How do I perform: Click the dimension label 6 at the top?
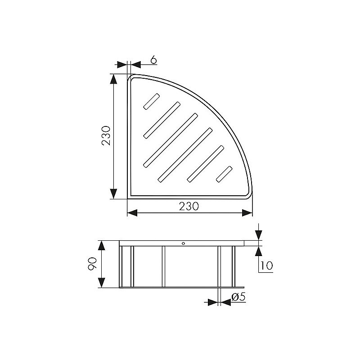pyautogui.click(x=153, y=60)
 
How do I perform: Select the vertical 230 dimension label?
pyautogui.click(x=106, y=136)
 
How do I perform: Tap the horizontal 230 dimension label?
pyautogui.click(x=189, y=207)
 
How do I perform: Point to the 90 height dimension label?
pyautogui.click(x=93, y=264)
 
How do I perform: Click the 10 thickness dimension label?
pyautogui.click(x=266, y=265)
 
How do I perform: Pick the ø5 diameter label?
pyautogui.click(x=238, y=297)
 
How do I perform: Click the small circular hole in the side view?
pyautogui.click(x=183, y=243)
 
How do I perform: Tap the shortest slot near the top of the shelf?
pyautogui.click(x=151, y=101)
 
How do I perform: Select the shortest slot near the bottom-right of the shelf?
pyautogui.click(x=224, y=174)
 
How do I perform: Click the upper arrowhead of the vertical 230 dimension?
pyautogui.click(x=113, y=79)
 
